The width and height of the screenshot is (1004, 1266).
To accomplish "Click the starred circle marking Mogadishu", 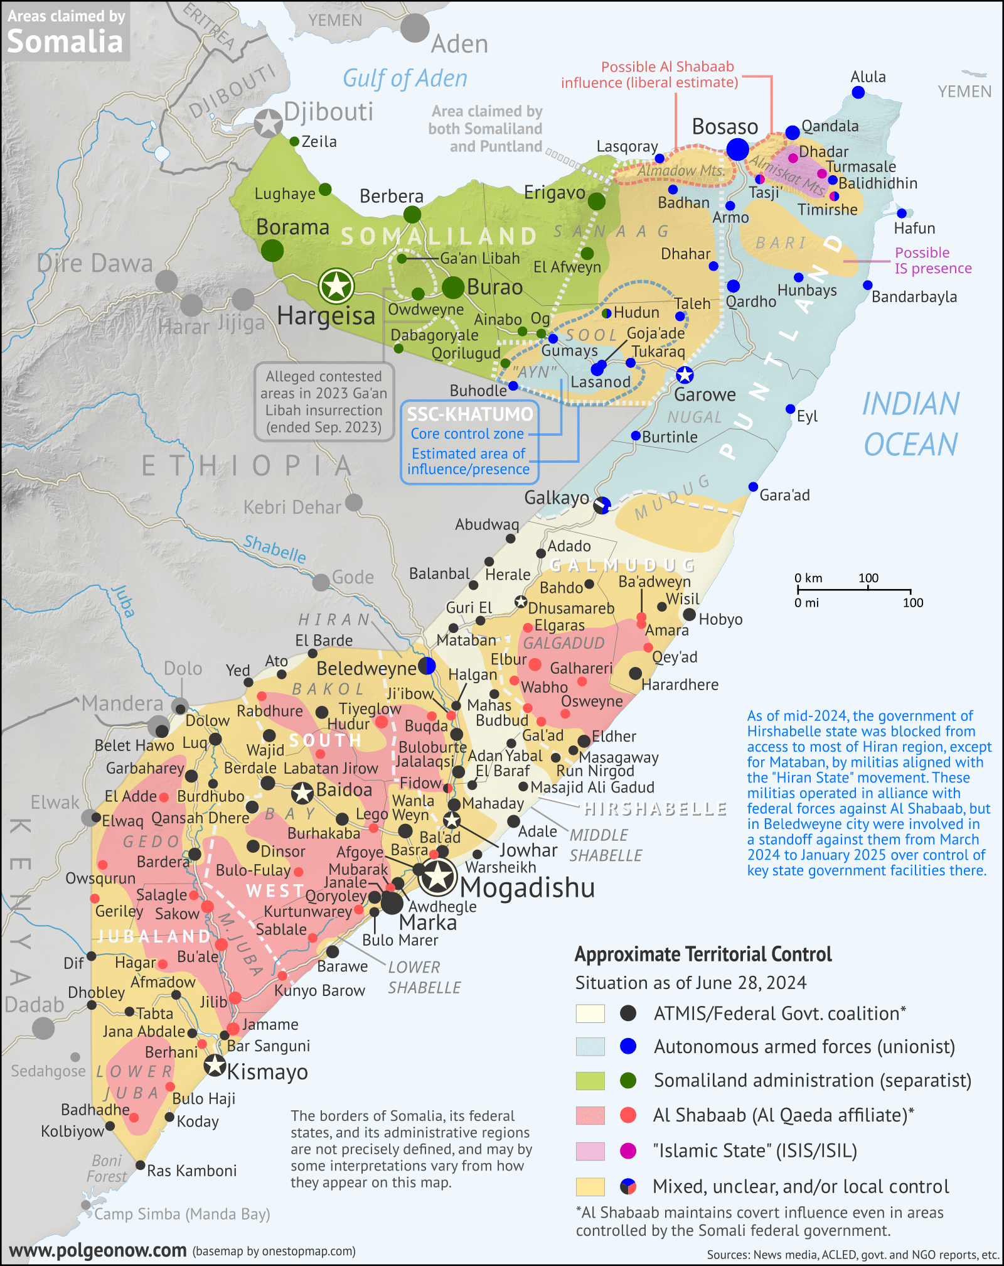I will coord(437,877).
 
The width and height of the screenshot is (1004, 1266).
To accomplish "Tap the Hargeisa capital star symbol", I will coord(336,286).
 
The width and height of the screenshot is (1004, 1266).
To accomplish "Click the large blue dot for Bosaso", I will coord(737,149).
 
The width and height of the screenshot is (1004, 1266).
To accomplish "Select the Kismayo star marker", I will coord(215,1065).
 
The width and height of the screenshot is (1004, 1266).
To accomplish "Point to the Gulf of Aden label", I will coord(405,78).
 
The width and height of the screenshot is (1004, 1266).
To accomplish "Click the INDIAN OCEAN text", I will coord(911,424).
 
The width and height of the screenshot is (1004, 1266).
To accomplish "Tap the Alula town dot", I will coord(858,93).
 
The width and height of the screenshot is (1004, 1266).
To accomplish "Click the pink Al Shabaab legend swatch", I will coord(590,1115).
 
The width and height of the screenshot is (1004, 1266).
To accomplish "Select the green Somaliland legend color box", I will coord(590,1081).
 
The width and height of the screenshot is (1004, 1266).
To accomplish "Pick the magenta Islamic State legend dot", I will coord(627,1150).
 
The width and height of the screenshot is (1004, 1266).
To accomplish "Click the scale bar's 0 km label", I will coord(808,578).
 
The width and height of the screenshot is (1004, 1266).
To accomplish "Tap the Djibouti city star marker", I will coord(269,123).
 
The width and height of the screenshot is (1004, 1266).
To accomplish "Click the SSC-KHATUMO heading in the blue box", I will coord(470,414).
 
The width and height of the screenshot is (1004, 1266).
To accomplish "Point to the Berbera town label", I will coord(392,197).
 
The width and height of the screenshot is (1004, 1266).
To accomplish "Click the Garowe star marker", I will coord(685,375).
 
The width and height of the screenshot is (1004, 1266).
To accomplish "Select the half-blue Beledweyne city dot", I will coord(427,666).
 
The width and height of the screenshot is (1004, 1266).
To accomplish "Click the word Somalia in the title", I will coord(65,42).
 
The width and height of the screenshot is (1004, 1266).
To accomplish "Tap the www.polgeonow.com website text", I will coord(98,1250).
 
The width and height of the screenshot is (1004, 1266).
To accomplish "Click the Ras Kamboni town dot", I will coord(141,1166).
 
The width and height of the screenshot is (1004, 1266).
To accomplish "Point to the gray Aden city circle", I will coord(415,28).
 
